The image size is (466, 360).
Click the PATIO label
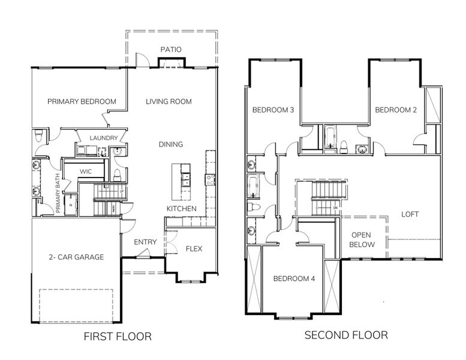pyautogui.click(x=171, y=49)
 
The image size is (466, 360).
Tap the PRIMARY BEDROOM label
pyautogui.click(x=82, y=101)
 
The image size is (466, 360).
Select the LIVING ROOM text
pyautogui.click(x=169, y=101)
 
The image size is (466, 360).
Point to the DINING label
pyautogui.click(x=171, y=144)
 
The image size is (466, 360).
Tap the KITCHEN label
pyautogui.click(x=181, y=208)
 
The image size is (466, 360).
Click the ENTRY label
pyautogui.click(x=146, y=242)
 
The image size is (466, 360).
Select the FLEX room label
pyautogui.click(x=194, y=248)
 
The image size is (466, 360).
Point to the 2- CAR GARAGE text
pyautogui.click(x=76, y=257)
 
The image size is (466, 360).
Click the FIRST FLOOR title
pyautogui.click(x=117, y=336)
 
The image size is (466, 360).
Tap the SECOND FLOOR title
pyautogui.click(x=345, y=334)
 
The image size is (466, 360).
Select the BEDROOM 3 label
pyautogui.click(x=273, y=110)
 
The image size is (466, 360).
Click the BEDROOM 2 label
pyautogui.click(x=396, y=110)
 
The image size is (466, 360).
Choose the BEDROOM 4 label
pyautogui.click(x=294, y=278)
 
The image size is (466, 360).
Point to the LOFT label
pyautogui.click(x=410, y=214)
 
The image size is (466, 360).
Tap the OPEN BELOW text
pyautogui.click(x=363, y=239)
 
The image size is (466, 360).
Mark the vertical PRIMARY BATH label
pyautogui.click(x=59, y=199)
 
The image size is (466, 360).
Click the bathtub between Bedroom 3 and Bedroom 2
pyautogui.click(x=330, y=138)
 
